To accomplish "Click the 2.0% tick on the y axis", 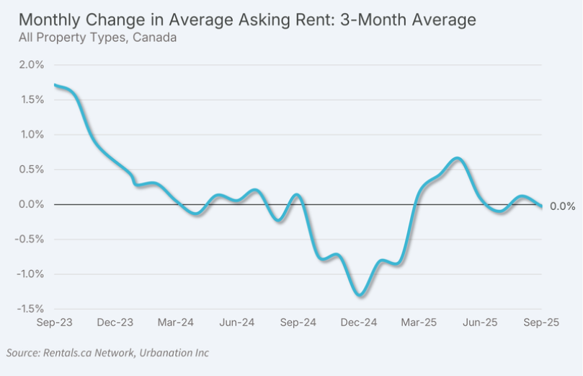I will click(32, 65).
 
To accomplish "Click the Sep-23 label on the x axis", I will click(54, 323).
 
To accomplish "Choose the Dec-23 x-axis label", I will click(115, 323).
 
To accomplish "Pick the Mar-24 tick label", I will click(176, 323).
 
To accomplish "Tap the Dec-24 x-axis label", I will click(359, 323).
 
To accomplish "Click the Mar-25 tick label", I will click(419, 323).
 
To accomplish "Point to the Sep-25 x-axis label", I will click(541, 323).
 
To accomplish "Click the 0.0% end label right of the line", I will click(562, 206).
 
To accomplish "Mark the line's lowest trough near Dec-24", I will click(360, 294).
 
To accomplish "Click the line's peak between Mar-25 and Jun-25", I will click(458, 158).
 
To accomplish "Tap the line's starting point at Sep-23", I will click(55, 85).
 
